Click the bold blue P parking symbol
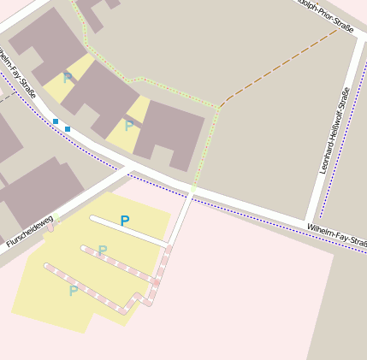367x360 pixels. (125, 221)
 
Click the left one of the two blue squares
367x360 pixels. (56, 121)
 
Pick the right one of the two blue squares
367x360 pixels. (68, 128)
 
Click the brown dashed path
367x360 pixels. (278, 68)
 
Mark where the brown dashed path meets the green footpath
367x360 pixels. (221, 106)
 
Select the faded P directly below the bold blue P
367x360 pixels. (103, 251)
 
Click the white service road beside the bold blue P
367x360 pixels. (128, 232)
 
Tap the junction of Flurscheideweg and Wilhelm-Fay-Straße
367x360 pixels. (128, 168)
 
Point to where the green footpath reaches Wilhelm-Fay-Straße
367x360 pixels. (194, 188)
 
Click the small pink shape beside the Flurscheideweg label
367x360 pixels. (50, 227)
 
